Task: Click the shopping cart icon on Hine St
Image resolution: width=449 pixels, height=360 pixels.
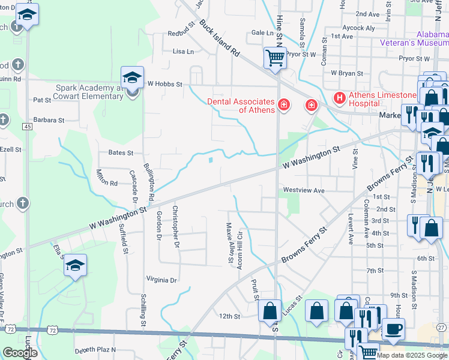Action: point(276,58)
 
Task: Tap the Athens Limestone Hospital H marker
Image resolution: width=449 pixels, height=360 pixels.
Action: point(339,97)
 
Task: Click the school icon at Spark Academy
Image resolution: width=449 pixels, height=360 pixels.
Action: point(133,78)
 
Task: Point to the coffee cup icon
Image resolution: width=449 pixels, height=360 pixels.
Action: point(393,329)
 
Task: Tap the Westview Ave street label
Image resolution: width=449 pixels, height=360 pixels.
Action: point(304,191)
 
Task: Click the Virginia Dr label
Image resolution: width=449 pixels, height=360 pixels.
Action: point(161,280)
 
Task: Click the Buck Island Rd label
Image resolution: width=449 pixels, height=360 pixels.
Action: point(219,43)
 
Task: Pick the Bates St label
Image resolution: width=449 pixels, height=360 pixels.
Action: point(121,153)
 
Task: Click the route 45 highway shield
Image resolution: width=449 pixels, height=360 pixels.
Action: point(28,127)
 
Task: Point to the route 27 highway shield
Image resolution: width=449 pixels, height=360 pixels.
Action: point(441,327)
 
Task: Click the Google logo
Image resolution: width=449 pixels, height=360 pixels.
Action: point(20,352)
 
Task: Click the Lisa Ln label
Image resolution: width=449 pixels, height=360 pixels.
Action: point(183,52)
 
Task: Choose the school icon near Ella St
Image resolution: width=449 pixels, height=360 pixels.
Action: point(75,266)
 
